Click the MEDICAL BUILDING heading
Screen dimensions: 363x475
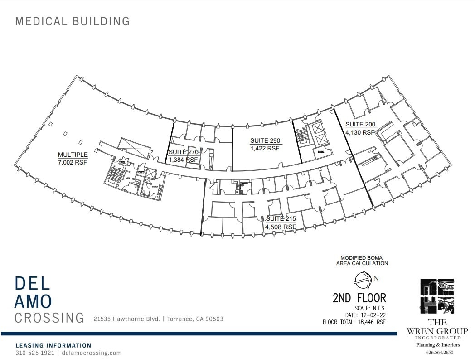(73, 21)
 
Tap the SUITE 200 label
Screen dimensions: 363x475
(360, 125)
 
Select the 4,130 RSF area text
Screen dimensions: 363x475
(360, 132)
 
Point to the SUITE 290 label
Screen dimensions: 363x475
(265, 140)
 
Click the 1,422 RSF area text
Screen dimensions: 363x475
(265, 148)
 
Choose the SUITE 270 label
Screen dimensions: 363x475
(184, 152)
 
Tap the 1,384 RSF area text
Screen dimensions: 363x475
(184, 160)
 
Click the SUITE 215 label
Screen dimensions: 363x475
(281, 219)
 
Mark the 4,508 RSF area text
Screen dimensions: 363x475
(281, 227)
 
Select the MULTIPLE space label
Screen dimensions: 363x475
(73, 154)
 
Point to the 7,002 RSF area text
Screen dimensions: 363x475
(73, 162)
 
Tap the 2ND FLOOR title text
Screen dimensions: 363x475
(359, 298)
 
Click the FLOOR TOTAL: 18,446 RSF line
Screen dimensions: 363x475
(354, 323)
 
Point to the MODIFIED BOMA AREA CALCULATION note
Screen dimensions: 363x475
(362, 260)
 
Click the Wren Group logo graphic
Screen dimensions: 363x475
(437, 297)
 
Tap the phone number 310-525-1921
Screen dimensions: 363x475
(35, 353)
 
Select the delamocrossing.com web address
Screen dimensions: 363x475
(91, 353)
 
